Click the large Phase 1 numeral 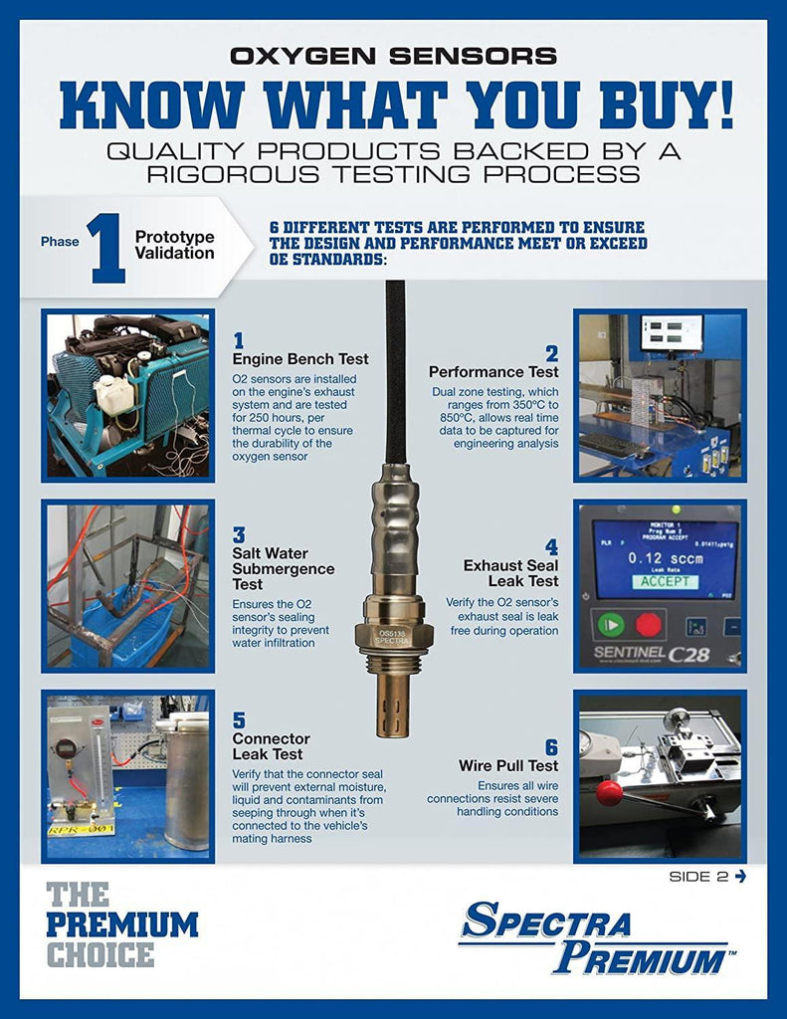click(x=107, y=249)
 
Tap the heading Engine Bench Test click(x=300, y=359)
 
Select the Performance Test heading click(x=493, y=372)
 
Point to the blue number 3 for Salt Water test click(x=239, y=534)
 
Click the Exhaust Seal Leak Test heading click(x=510, y=573)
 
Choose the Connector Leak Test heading click(x=271, y=746)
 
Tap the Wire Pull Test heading click(x=508, y=766)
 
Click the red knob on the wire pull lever click(x=609, y=793)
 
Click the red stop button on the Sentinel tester click(x=648, y=625)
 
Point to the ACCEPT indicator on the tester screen click(x=665, y=581)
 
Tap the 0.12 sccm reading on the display click(x=665, y=558)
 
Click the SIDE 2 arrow click(x=740, y=877)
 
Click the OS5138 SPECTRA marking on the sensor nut click(x=393, y=636)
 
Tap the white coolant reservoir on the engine click(x=115, y=395)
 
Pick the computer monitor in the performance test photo click(x=672, y=332)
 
